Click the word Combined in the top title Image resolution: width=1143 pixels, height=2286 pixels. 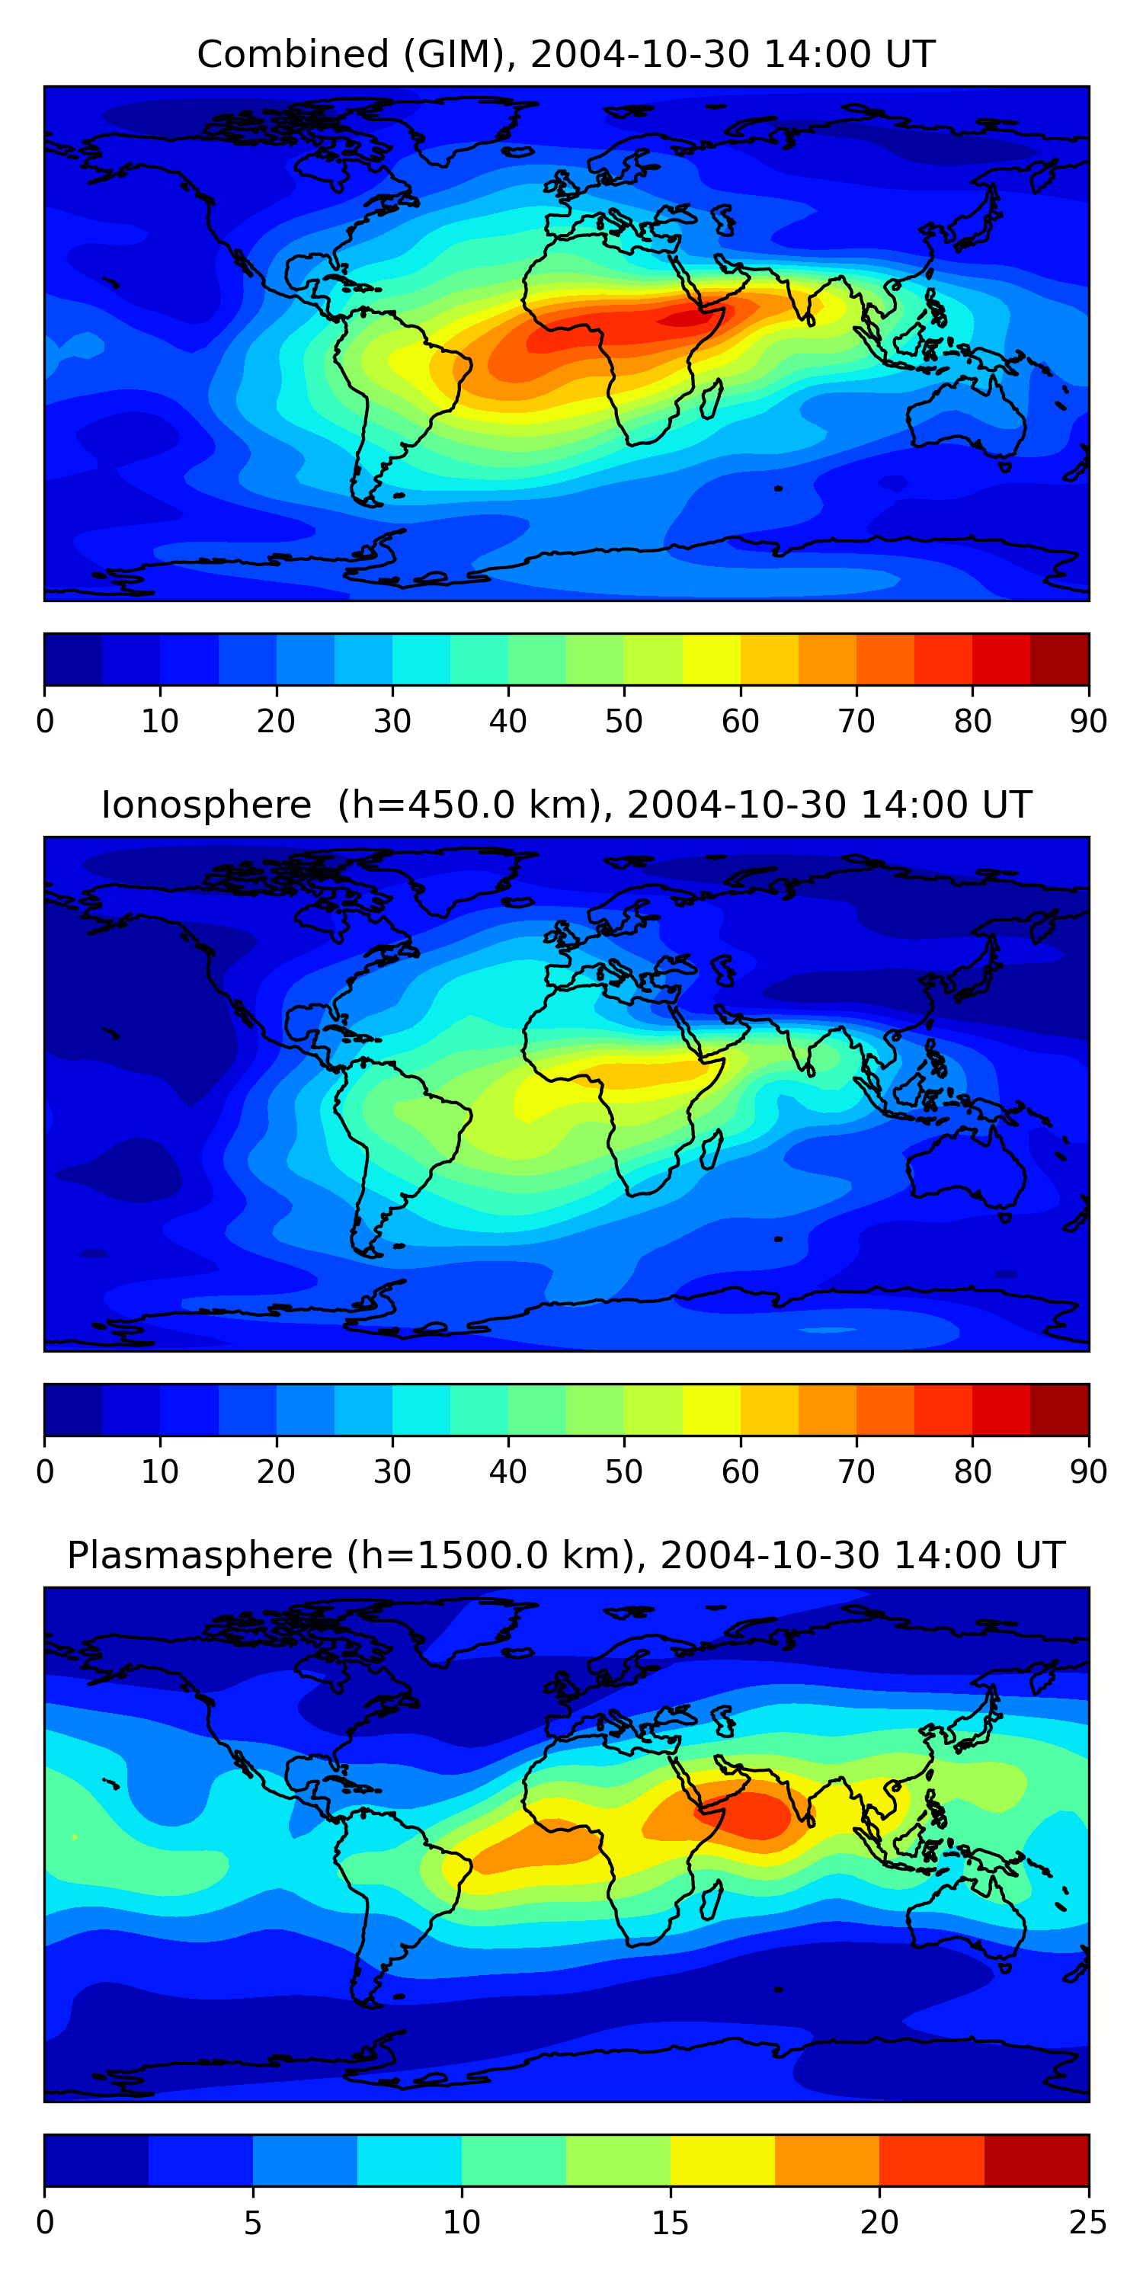point(293,54)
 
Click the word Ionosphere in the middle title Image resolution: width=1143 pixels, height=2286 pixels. point(206,805)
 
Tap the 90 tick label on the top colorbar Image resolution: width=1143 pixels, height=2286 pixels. point(1088,722)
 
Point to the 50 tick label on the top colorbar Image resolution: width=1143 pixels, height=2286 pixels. point(624,722)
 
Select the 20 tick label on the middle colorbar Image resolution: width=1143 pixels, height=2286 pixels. point(276,1472)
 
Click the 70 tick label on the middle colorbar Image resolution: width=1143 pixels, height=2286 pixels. point(856,1472)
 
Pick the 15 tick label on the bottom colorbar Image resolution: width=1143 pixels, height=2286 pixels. point(670,2223)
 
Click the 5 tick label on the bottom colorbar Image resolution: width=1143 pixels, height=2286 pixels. point(253,2223)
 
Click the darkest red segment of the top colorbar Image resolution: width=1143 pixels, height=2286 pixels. point(1060,659)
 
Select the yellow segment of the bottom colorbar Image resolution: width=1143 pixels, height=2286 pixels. point(722,2160)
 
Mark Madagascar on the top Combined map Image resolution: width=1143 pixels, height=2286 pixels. point(711,400)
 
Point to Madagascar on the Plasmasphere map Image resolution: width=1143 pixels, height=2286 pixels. point(711,1902)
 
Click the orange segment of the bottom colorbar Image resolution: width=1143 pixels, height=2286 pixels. point(827,2160)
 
